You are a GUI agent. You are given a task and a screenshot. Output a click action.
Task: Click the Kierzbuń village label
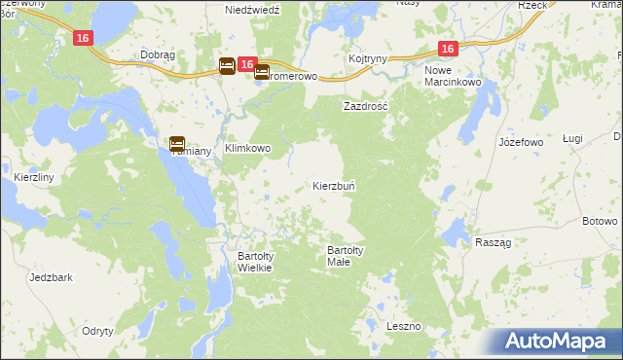(x=340, y=185)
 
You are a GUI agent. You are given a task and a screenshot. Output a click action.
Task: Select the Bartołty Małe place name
(x=346, y=256)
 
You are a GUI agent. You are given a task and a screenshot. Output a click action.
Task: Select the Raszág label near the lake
(x=495, y=241)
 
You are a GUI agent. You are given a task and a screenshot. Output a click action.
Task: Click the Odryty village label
(x=98, y=331)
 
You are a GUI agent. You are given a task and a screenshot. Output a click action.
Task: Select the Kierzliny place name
(x=34, y=177)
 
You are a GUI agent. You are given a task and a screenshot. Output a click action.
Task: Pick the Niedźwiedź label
(x=252, y=9)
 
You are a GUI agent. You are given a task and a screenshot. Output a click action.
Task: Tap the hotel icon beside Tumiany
(x=178, y=142)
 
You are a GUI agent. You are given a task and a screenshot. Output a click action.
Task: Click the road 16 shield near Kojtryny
(x=447, y=48)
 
